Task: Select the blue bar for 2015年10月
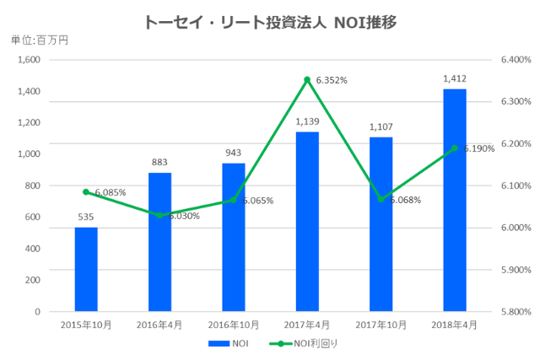pos(86,269)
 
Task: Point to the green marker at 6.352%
pos(307,79)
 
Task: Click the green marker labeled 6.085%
pos(86,191)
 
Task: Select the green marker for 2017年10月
pos(381,199)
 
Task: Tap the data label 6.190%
pos(478,148)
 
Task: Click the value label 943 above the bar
pos(234,153)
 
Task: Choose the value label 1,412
pos(455,79)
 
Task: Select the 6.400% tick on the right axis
pos(515,60)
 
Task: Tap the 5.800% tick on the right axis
pos(515,311)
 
